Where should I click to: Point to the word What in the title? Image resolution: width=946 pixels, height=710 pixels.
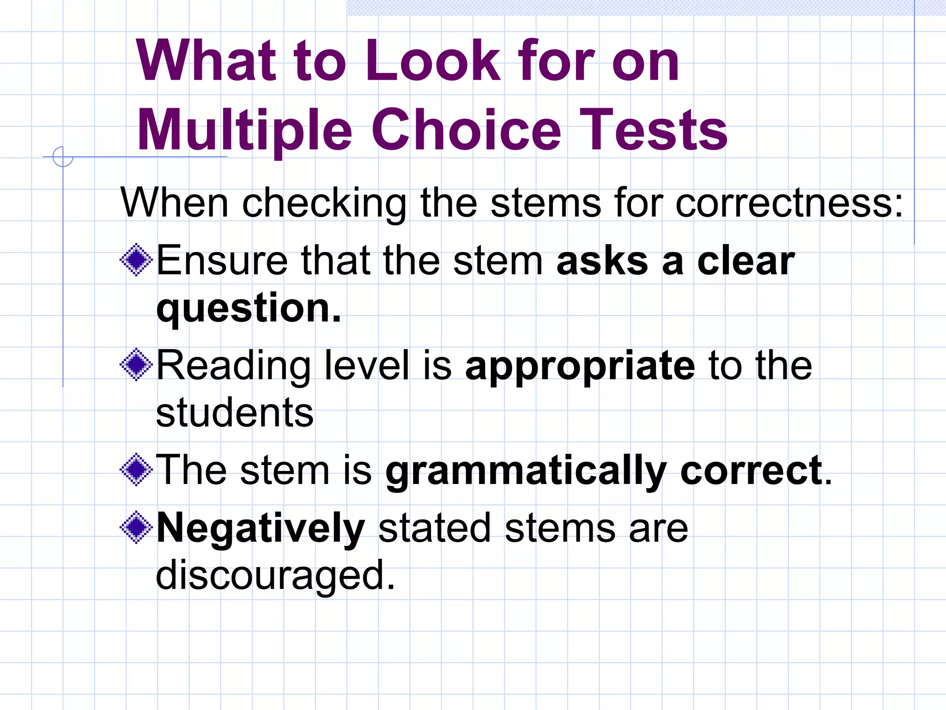pyautogui.click(x=206, y=61)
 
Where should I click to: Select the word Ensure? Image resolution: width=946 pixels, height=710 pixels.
pyautogui.click(x=222, y=261)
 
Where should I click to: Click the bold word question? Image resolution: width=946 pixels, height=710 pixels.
pyautogui.click(x=249, y=309)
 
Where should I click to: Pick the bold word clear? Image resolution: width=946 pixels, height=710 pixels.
pyautogui.click(x=746, y=261)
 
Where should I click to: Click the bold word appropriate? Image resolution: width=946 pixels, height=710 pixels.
pyautogui.click(x=580, y=366)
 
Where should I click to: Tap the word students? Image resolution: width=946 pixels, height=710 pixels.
pyautogui.click(x=235, y=412)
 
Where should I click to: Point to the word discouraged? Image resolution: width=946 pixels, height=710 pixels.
pyautogui.click(x=275, y=575)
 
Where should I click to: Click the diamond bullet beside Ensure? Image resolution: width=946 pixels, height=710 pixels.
pyautogui.click(x=136, y=260)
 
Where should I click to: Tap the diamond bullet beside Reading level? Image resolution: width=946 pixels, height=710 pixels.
pyautogui.click(x=136, y=365)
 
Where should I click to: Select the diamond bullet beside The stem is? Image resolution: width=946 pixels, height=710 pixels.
pyautogui.click(x=136, y=470)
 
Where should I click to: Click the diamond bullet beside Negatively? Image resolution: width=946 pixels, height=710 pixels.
pyautogui.click(x=136, y=527)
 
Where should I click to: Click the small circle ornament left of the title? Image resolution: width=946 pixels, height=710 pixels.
pyautogui.click(x=63, y=157)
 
